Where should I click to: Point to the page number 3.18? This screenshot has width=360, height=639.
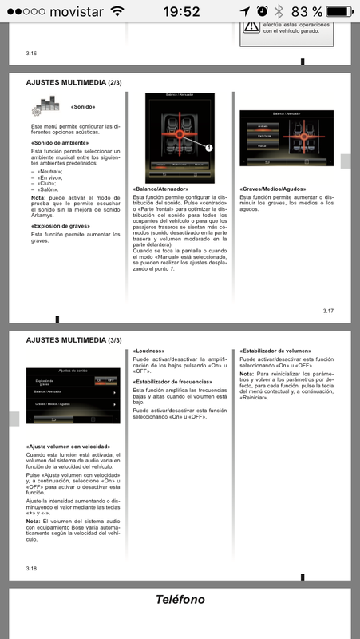(33, 568)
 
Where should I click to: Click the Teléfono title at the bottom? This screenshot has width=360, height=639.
(180, 600)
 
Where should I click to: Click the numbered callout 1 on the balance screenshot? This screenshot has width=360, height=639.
(208, 148)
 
